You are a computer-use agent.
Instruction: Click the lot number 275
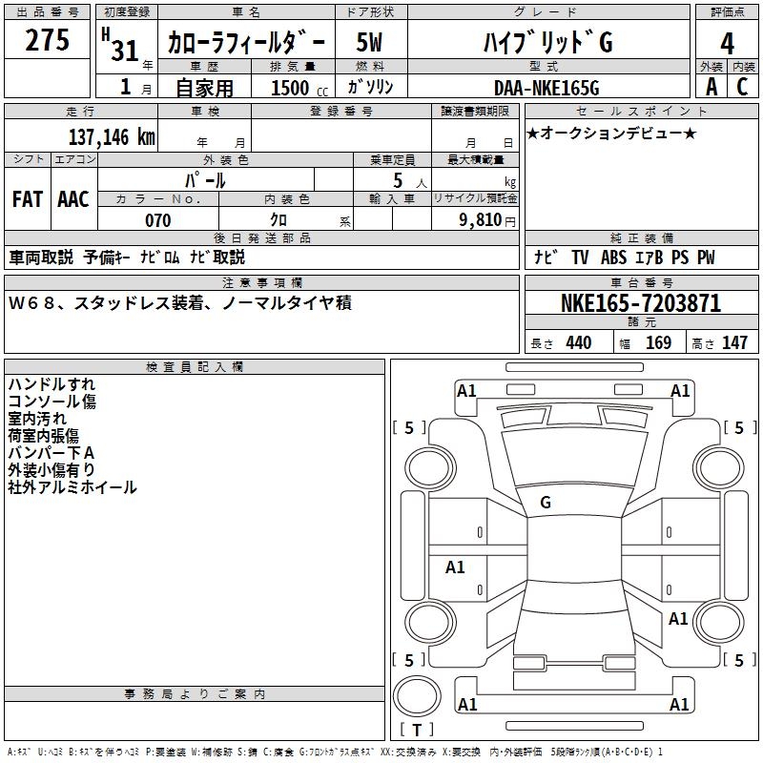[x=48, y=42]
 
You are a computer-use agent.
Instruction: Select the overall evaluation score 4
[x=727, y=44]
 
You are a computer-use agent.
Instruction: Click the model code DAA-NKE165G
[x=546, y=88]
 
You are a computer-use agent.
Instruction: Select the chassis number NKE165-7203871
[x=641, y=303]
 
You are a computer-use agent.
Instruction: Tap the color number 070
[x=157, y=220]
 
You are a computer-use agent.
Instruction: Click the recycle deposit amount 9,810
[x=482, y=220]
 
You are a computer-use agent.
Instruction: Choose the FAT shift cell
[x=28, y=199]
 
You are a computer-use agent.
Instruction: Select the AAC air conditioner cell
[x=73, y=199]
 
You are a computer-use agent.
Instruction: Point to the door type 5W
[x=369, y=43]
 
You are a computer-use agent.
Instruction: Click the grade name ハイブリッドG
[x=546, y=43]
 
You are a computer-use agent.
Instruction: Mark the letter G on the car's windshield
[x=546, y=503]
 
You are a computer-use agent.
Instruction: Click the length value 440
[x=578, y=343]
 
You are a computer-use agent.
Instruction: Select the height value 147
[x=734, y=343]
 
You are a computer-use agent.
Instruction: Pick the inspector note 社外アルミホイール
[x=72, y=487]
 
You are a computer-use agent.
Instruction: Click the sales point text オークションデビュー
[x=611, y=133]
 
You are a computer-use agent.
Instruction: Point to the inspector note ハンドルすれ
[x=52, y=384]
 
